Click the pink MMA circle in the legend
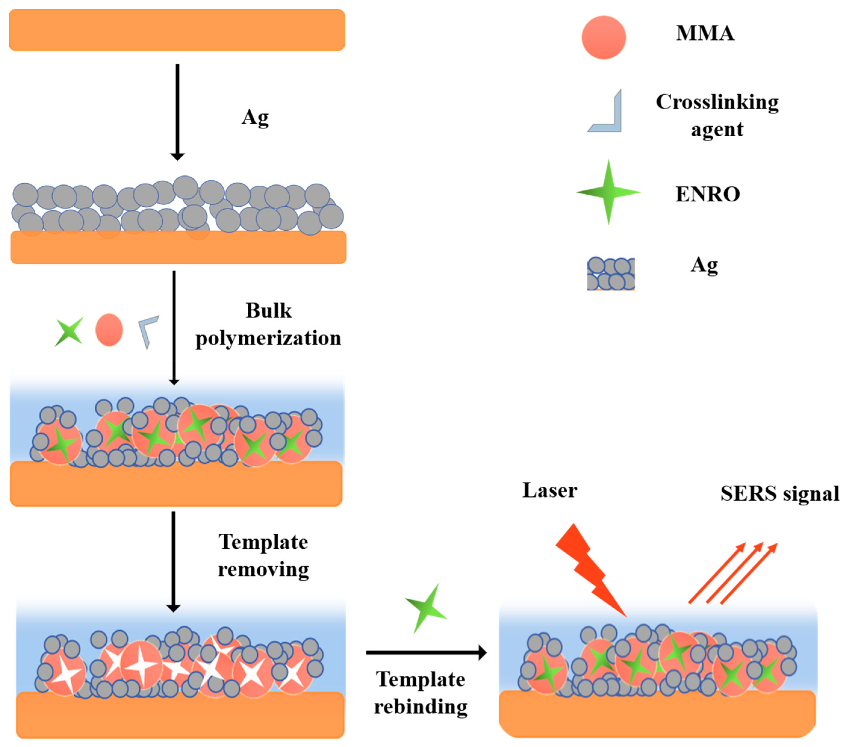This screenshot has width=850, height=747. coord(603,37)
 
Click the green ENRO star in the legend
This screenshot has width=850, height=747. coord(608,192)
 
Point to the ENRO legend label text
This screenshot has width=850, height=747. coord(707,194)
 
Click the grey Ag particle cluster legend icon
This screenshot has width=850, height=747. coord(610,273)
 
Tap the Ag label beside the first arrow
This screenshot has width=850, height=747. coord(255,118)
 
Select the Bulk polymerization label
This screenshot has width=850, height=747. coord(268,324)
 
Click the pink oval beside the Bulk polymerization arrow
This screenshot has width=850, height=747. coord(109,330)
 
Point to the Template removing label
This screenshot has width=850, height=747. coord(263,555)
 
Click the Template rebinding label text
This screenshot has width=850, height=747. coord(420,693)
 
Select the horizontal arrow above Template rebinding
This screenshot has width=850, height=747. coord(426,652)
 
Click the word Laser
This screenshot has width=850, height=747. coord(549,490)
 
